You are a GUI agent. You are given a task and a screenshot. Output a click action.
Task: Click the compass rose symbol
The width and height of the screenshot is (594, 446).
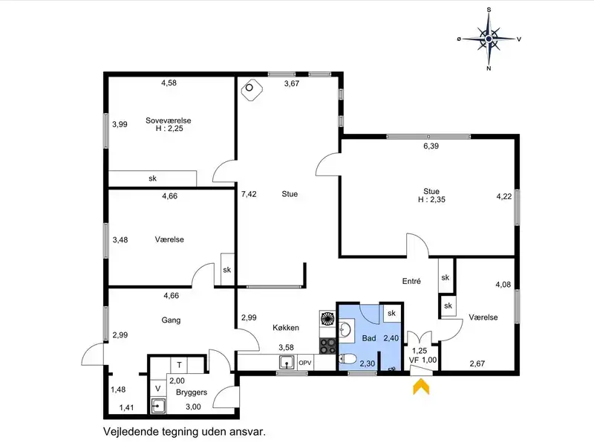[489, 39]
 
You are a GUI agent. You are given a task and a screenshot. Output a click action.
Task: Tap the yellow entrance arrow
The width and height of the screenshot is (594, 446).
[421, 388]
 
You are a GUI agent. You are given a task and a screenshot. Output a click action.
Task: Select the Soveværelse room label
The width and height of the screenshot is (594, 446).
[169, 120]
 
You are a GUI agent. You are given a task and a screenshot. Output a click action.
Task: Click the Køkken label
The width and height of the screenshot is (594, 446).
[286, 327]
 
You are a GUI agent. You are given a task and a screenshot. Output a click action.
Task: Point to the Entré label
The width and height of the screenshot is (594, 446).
[411, 281]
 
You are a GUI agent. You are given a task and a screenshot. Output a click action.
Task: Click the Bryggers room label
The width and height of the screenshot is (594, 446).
[192, 392]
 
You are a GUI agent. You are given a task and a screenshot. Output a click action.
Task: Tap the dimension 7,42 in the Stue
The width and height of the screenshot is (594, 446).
[249, 194]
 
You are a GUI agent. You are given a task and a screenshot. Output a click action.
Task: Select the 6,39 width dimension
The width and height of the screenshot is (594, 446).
[431, 146]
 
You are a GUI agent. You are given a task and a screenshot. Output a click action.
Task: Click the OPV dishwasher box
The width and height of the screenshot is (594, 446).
[305, 363]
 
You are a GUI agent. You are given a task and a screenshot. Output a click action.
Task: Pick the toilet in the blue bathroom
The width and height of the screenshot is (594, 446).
[347, 359]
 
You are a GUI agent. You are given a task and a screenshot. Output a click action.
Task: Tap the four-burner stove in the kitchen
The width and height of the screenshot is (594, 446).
[327, 346]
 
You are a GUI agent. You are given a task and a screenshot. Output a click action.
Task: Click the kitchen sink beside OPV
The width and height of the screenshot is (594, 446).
[287, 363]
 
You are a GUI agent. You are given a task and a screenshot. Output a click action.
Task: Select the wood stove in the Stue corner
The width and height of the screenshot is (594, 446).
[252, 90]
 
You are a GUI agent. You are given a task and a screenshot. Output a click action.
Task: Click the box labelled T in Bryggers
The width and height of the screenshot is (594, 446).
[179, 365]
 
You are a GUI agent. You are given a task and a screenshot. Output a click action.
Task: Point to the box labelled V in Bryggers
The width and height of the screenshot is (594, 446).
[158, 388]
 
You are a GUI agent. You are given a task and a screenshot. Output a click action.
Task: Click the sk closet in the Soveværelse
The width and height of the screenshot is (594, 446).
[153, 178]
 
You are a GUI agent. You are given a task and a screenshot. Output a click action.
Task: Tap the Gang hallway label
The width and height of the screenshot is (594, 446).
[171, 320]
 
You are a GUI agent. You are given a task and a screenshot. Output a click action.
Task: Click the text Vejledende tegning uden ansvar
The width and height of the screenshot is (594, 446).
[184, 431]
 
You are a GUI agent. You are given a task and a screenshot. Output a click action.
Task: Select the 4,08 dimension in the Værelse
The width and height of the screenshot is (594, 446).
[503, 284]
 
